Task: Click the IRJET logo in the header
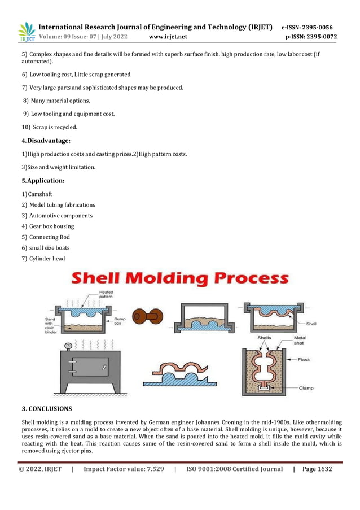point(27,32)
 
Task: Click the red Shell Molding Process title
point(179,279)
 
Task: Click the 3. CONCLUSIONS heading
point(47,408)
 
